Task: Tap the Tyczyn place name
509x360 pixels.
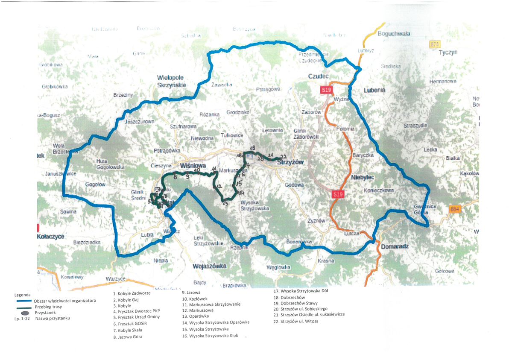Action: [448, 52]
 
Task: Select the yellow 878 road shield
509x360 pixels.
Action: [435, 44]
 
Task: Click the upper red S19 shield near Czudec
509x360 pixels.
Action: [326, 90]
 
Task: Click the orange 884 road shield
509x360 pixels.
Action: [454, 209]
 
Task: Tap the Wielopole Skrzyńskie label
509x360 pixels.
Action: [172, 81]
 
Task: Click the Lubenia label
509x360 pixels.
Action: [374, 90]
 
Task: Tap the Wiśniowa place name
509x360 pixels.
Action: [193, 165]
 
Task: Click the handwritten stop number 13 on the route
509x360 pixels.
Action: [225, 204]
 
